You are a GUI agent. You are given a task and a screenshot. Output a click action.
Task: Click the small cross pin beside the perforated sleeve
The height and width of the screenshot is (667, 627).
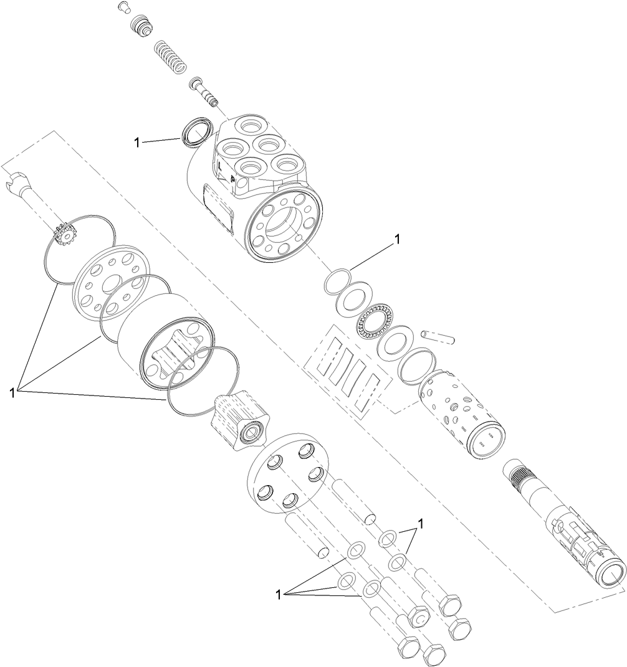pos(439,336)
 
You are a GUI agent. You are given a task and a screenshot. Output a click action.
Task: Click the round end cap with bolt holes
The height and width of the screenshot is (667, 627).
pos(287,473)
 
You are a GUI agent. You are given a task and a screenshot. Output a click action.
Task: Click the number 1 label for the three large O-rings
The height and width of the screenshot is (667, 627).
pos(12,392)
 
